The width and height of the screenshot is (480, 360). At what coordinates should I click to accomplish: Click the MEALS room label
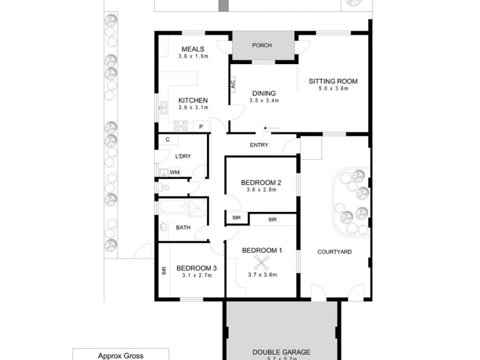click(193, 49)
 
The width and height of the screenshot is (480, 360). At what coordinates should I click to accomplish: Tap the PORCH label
click(262, 45)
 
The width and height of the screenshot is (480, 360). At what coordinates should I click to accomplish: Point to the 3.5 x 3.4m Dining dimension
click(263, 100)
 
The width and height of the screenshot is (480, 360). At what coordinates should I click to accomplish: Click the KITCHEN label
click(193, 100)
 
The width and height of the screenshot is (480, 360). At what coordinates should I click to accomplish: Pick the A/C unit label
click(233, 85)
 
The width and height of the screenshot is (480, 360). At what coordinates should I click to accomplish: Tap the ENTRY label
click(259, 145)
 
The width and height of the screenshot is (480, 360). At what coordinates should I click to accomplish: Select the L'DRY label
click(182, 157)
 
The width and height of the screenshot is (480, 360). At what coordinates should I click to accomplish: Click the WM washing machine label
click(175, 172)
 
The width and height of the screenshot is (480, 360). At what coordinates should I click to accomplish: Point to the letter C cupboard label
click(167, 140)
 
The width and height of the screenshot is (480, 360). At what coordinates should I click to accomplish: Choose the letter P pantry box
click(201, 126)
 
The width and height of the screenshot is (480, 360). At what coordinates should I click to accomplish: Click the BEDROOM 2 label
click(261, 182)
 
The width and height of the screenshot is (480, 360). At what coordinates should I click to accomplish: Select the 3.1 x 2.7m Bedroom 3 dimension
click(197, 275)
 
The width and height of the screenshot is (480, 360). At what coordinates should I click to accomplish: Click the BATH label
click(183, 227)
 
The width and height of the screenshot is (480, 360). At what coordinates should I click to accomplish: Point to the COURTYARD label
click(334, 251)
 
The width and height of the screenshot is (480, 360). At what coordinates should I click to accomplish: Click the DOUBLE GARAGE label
click(281, 353)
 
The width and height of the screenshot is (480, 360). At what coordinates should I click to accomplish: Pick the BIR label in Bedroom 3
click(163, 271)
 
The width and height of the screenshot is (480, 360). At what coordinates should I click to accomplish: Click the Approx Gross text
click(121, 355)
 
